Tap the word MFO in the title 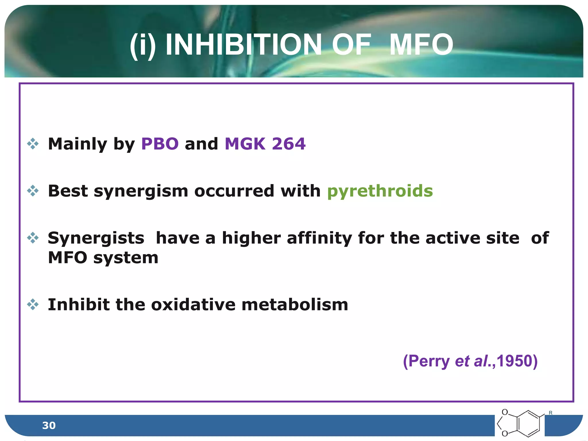(x=421, y=45)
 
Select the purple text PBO (x=160, y=144)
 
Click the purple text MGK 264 (x=265, y=144)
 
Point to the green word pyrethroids (x=380, y=191)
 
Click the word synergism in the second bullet (x=141, y=192)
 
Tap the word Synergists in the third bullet (x=96, y=238)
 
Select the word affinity (x=319, y=238)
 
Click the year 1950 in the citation (x=514, y=361)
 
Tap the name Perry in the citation (x=429, y=361)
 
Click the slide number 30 (x=49, y=425)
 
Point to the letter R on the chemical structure (x=550, y=413)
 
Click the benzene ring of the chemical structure (x=529, y=424)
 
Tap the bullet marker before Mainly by (x=33, y=144)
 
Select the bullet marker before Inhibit (x=33, y=305)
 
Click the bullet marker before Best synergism (x=33, y=191)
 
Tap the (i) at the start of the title (x=143, y=45)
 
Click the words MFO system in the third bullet (x=103, y=258)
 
